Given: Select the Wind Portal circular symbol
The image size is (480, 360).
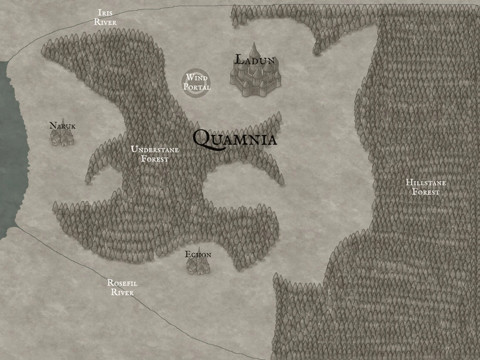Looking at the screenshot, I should (196, 83).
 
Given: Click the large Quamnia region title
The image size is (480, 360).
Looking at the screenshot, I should (234, 139).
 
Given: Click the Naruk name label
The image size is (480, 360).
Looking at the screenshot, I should (62, 126).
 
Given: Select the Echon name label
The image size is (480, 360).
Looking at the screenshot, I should (198, 255).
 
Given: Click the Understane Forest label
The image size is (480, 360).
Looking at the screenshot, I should (155, 154).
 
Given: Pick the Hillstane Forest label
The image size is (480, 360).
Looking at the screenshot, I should (426, 187).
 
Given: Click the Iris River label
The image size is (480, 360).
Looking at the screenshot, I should (105, 18).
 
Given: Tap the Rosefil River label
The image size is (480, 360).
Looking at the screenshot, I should (122, 288).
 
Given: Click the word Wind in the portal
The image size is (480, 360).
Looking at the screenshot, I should (196, 78).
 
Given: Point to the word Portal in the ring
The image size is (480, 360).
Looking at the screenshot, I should (196, 87).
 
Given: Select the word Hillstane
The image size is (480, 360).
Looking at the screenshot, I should (426, 183).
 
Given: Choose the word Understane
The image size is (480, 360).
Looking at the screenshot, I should (155, 150).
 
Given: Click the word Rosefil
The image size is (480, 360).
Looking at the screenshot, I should (122, 283).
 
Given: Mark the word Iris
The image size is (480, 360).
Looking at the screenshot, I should (105, 13).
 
